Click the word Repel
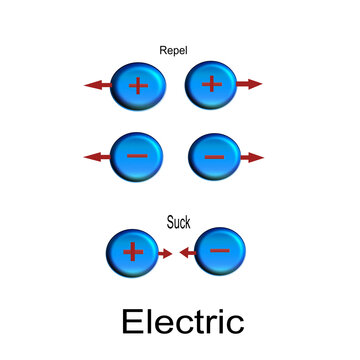[174, 47]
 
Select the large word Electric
[182, 322]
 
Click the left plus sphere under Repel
[138, 86]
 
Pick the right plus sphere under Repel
[211, 86]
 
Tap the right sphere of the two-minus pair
[214, 157]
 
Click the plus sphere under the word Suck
[133, 254]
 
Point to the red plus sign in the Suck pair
[133, 253]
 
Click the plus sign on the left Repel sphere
[138, 86]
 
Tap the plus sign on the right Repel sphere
[211, 84]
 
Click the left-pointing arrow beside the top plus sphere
[98, 86]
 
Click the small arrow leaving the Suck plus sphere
[164, 254]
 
